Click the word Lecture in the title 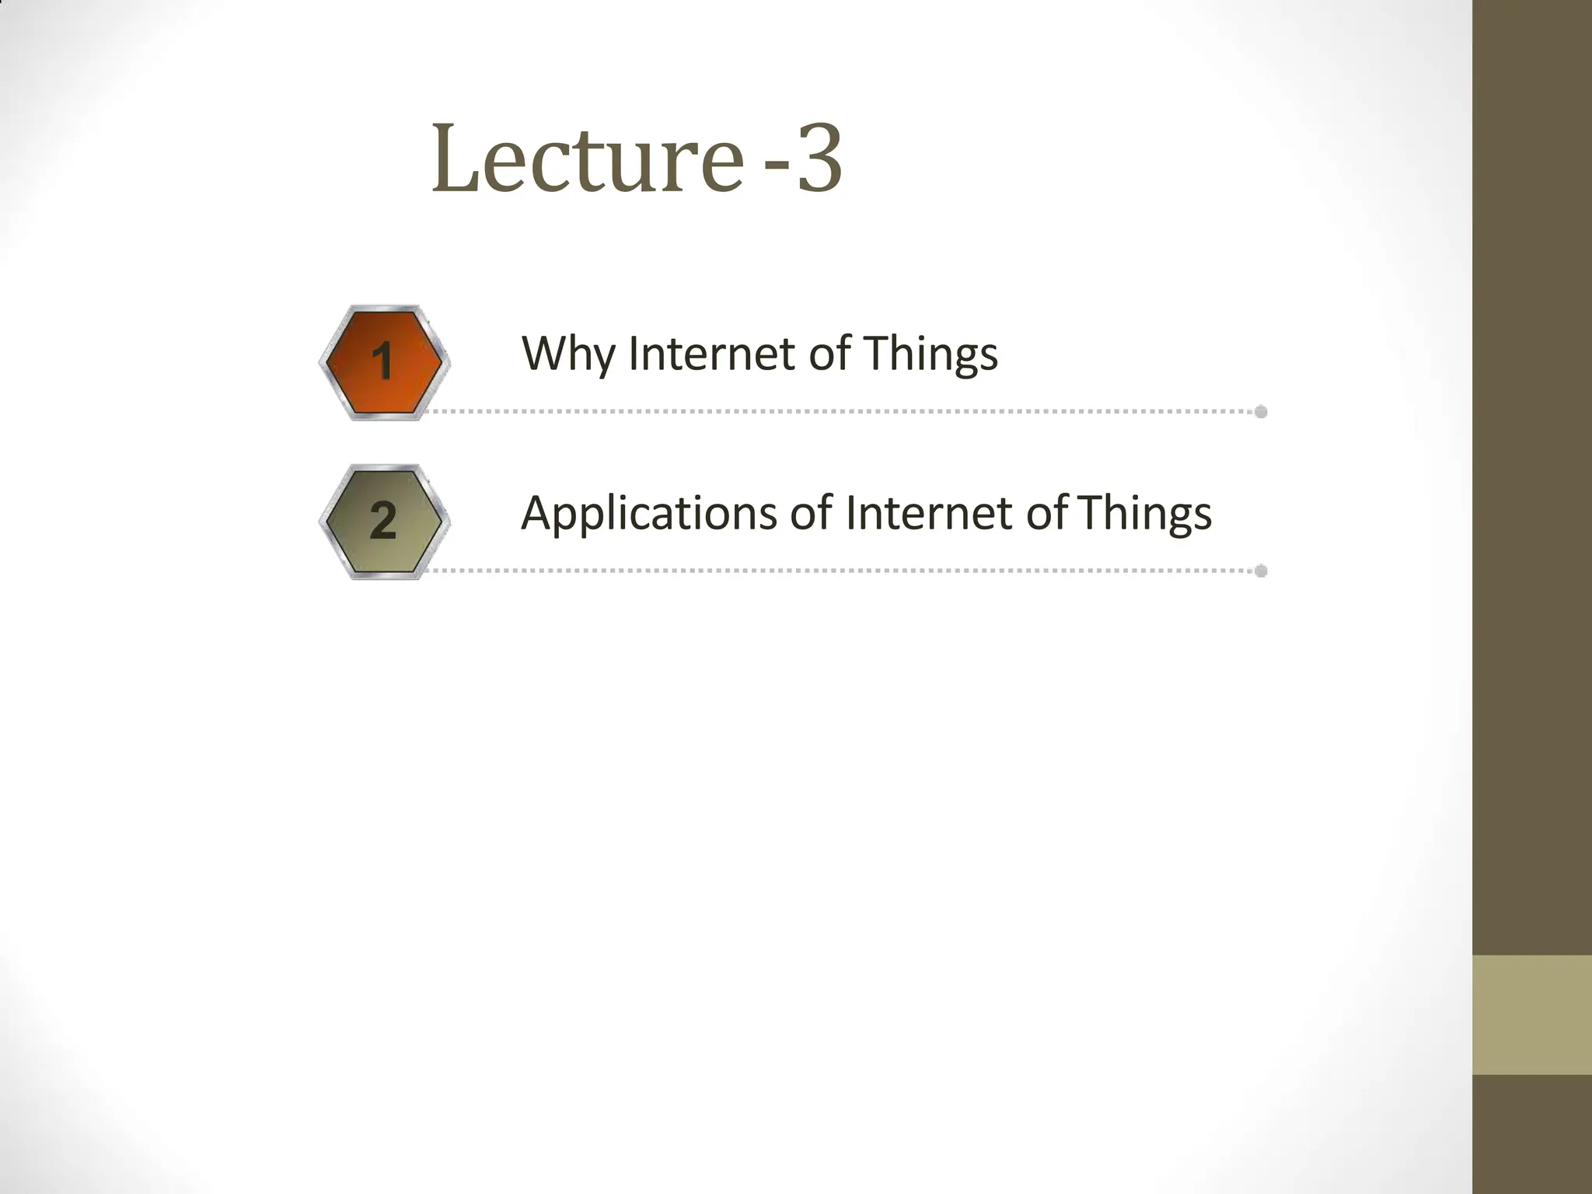click(587, 159)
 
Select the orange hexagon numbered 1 click(382, 362)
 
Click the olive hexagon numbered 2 click(382, 521)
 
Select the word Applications click(649, 515)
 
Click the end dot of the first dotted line click(1261, 411)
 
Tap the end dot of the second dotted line click(1261, 571)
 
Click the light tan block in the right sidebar click(1531, 1014)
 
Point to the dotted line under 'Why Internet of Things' click(840, 411)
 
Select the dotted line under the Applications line click(840, 571)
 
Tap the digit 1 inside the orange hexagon click(382, 362)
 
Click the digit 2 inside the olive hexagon click(382, 521)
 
